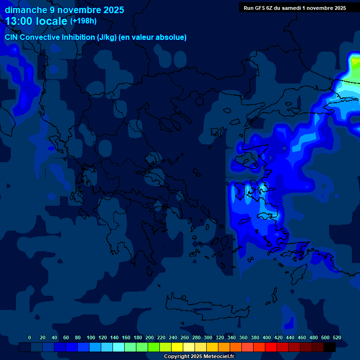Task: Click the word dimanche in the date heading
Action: point(25,10)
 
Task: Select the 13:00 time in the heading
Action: point(19,21)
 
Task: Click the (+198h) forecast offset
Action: point(83,21)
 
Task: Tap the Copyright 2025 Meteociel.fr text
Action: point(199,356)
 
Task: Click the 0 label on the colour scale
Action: point(30,337)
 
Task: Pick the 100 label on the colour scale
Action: point(91,337)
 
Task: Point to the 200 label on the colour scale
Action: point(150,337)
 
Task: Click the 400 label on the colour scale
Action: point(267,337)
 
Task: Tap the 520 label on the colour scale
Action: point(337,337)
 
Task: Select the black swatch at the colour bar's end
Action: point(330,347)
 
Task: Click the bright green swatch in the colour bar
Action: point(154,347)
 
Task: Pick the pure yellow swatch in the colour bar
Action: point(177,347)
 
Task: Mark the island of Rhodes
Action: point(298,274)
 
